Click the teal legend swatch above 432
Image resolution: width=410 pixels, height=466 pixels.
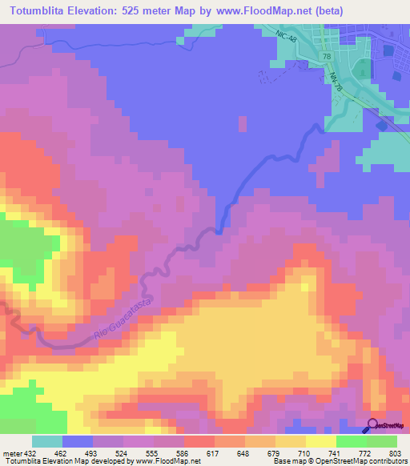(x=47, y=441)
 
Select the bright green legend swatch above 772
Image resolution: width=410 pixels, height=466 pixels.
(x=352, y=441)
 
